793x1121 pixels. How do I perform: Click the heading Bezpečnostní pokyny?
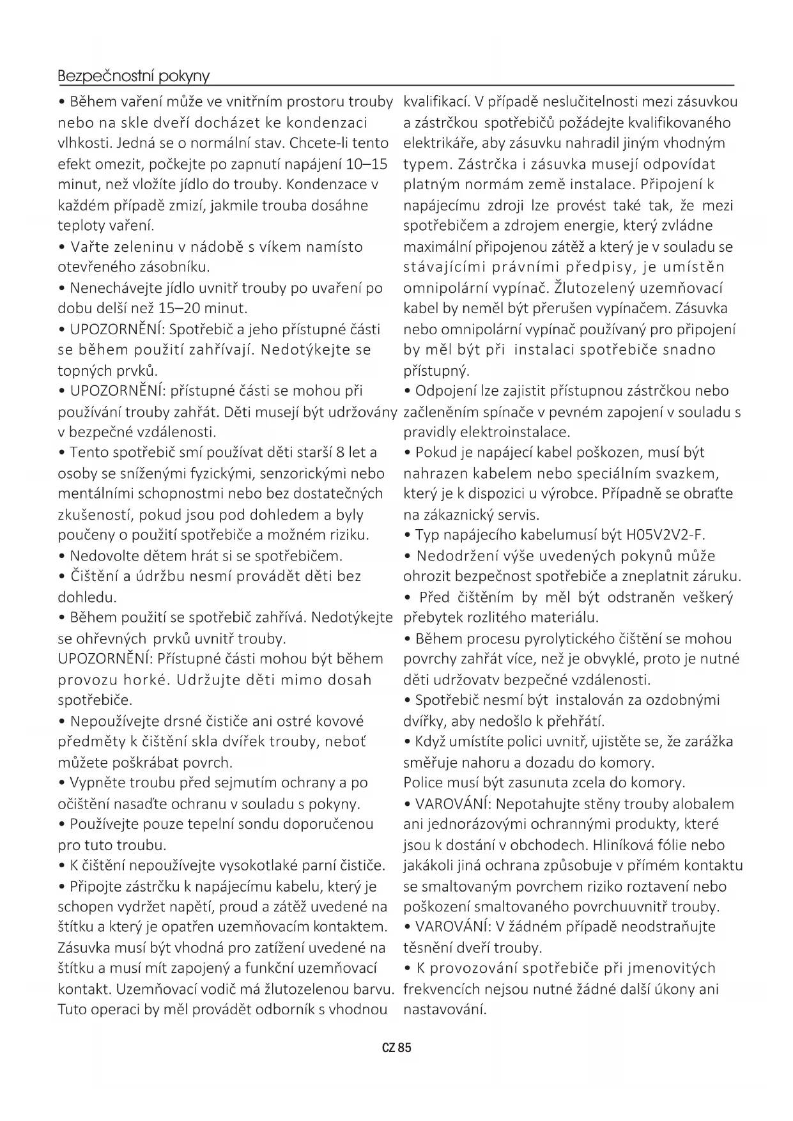click(x=134, y=76)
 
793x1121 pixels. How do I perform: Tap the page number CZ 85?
click(x=396, y=1048)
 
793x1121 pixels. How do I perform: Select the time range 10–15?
click(x=366, y=164)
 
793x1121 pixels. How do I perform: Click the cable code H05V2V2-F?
click(x=665, y=535)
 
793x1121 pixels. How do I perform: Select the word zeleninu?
click(x=141, y=247)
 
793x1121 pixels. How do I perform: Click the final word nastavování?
click(x=445, y=1010)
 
